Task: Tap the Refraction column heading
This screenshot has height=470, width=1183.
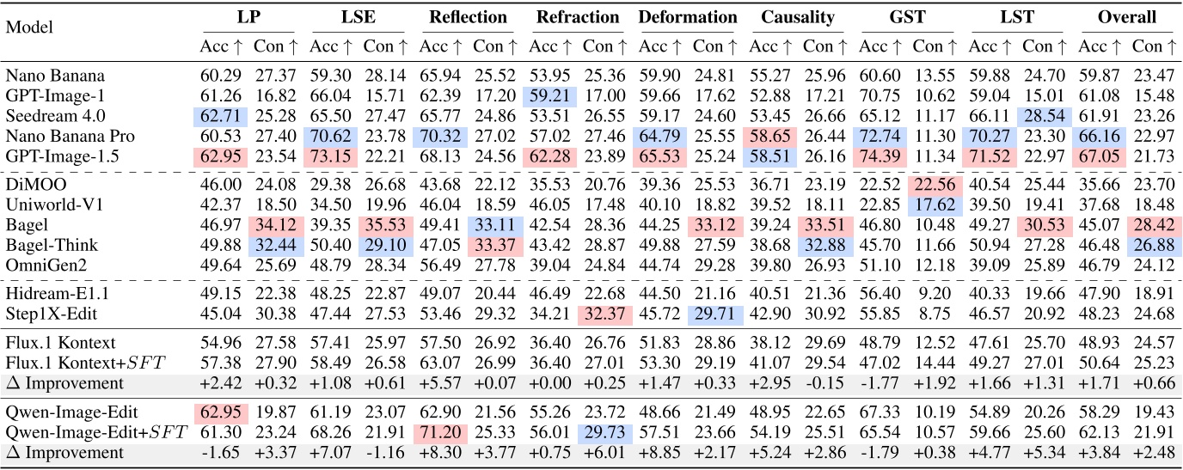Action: [x=578, y=17]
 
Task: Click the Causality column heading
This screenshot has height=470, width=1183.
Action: [x=797, y=17]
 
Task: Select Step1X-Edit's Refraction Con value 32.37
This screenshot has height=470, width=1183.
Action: [x=602, y=314]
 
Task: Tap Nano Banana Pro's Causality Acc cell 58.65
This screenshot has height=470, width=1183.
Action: [x=769, y=135]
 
